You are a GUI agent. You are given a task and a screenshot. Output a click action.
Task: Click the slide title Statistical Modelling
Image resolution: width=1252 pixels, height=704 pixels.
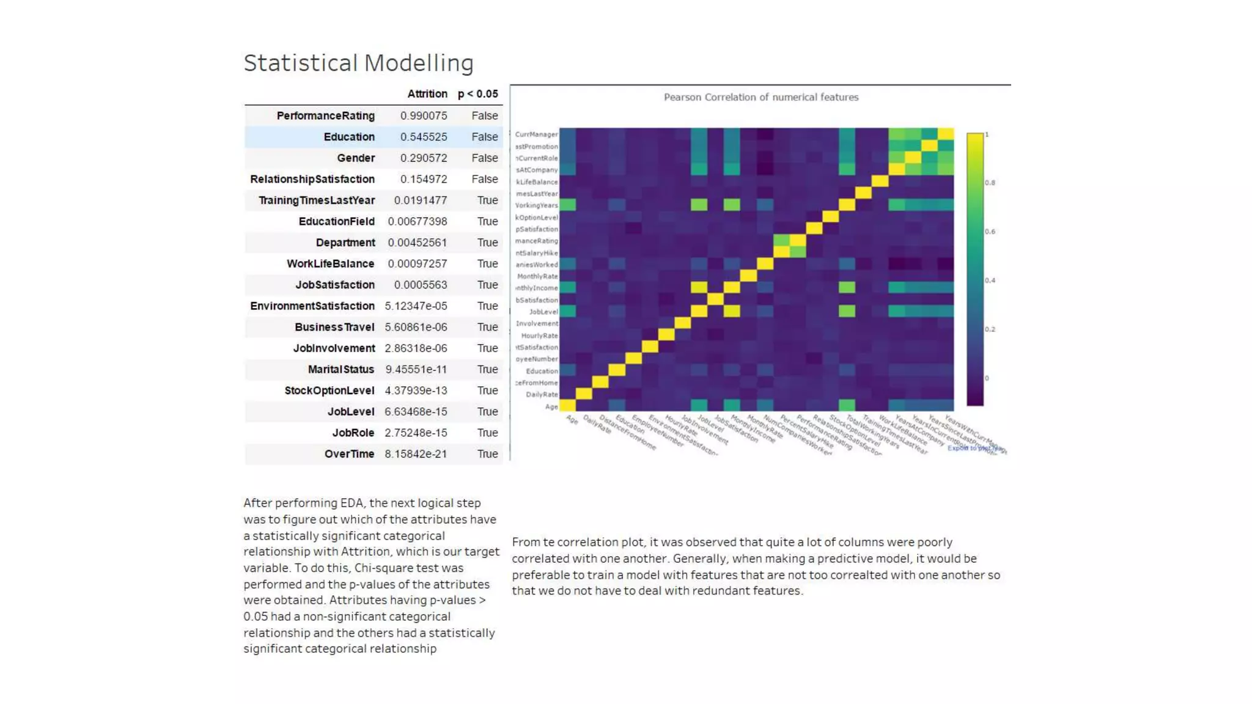[x=358, y=63]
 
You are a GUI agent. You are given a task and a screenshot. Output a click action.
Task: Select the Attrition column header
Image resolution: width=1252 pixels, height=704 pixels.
[x=427, y=94]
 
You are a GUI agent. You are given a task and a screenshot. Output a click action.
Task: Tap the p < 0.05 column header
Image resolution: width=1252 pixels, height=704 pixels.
[x=477, y=94]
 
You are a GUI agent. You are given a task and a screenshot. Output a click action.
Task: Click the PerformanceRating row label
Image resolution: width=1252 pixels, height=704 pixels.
[x=325, y=116]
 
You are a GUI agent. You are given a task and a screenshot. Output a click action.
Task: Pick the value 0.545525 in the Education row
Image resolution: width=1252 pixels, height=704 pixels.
[x=423, y=137]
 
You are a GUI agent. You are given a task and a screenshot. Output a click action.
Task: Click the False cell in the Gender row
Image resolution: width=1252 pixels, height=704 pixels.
[x=484, y=158]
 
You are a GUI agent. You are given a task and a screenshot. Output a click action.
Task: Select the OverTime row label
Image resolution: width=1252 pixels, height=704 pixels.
[x=349, y=453]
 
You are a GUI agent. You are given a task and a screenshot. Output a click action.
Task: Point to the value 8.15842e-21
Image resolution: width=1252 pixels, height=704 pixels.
[x=415, y=453]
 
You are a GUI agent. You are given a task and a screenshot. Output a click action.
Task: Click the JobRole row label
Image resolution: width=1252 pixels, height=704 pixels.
[x=353, y=433]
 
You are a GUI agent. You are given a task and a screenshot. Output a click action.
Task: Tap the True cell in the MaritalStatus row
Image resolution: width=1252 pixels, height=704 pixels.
[x=487, y=369]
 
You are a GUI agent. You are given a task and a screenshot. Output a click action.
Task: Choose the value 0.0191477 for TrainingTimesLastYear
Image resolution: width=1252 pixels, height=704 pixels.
[x=420, y=200]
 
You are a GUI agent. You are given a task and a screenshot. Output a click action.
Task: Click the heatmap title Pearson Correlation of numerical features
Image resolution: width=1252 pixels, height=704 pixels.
[x=760, y=97]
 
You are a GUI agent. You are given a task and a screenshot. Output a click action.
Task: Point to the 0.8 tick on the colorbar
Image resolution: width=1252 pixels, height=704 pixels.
[x=990, y=183]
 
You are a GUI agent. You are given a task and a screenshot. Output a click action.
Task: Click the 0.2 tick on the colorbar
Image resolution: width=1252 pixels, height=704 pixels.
[x=990, y=329]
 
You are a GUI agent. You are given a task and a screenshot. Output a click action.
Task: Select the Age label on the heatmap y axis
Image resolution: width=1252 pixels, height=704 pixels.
[x=551, y=406]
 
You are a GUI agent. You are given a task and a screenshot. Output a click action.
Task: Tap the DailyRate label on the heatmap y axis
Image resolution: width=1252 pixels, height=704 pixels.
[x=542, y=394]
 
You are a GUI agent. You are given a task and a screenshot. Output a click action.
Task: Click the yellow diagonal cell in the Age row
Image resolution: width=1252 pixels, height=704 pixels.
[x=567, y=405]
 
